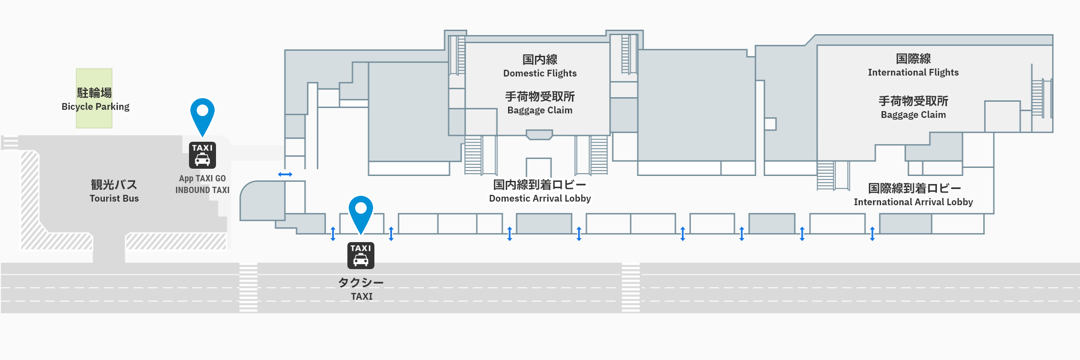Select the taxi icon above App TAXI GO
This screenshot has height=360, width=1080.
tap(202, 155)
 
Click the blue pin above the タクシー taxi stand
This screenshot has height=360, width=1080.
tap(361, 211)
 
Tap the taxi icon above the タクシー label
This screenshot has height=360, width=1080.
tap(361, 256)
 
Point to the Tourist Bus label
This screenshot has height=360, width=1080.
tap(114, 198)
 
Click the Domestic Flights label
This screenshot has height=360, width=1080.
tap(540, 73)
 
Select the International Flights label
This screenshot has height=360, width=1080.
tap(913, 72)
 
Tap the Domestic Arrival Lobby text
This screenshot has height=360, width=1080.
tap(540, 198)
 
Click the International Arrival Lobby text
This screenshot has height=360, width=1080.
tap(913, 202)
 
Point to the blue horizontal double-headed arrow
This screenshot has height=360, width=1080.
tap(285, 174)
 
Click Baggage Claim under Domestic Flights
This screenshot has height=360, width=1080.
tap(540, 110)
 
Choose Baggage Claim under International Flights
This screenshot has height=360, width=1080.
tap(913, 115)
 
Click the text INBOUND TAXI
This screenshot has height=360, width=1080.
tap(202, 190)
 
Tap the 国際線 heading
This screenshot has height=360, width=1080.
tap(913, 58)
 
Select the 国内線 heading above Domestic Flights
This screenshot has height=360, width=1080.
tap(540, 59)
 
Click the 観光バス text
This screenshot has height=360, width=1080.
tap(114, 184)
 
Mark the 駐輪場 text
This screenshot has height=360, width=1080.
tap(94, 93)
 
